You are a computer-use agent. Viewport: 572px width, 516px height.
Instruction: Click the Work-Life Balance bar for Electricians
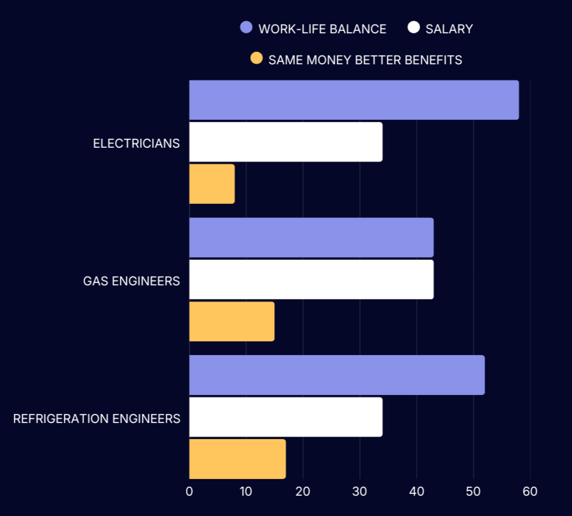[354, 100]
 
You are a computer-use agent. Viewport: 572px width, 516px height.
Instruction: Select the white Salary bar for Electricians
[286, 142]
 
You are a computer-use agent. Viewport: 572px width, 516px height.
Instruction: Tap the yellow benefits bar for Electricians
[212, 184]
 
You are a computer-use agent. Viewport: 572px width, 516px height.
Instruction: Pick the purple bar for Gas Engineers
[311, 237]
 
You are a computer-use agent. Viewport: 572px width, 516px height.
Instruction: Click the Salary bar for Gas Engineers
[311, 279]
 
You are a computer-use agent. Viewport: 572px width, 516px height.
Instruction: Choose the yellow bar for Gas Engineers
[232, 321]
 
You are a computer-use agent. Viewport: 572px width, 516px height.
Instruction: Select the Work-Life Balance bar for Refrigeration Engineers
[337, 375]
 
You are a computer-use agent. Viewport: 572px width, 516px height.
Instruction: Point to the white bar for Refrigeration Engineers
[286, 417]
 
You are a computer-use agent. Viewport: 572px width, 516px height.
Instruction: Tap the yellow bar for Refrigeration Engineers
[237, 459]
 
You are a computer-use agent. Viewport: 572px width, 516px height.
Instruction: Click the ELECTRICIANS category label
[136, 144]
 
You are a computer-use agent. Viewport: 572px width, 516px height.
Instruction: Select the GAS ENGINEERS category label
[132, 281]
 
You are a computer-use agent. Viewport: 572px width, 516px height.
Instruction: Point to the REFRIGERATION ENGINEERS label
[97, 419]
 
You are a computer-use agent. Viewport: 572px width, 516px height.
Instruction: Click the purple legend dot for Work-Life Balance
[246, 27]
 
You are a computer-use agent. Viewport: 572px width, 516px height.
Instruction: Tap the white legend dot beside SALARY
[414, 27]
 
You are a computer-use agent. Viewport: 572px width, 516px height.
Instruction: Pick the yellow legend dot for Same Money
[257, 58]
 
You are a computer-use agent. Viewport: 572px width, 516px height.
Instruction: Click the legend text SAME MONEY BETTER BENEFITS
[365, 60]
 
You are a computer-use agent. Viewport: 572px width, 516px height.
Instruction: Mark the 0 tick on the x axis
[189, 492]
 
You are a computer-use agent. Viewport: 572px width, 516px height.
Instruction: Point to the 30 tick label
[360, 492]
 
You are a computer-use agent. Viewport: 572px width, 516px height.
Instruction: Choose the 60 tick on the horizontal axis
[530, 492]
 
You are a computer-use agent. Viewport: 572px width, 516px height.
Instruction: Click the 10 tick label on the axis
[245, 492]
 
